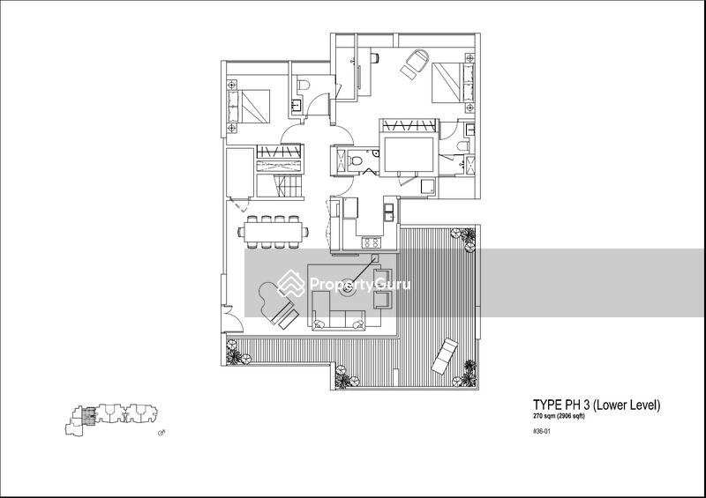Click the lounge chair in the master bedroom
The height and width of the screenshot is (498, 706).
[415, 63]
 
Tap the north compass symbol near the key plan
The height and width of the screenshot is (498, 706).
[161, 432]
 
